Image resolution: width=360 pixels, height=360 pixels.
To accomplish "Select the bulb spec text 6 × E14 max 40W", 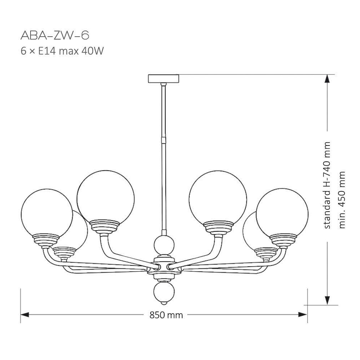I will coord(62,51).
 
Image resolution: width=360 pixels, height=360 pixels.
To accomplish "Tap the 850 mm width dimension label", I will coord(166,315).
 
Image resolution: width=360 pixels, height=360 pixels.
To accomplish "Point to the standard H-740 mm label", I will coord(327,185).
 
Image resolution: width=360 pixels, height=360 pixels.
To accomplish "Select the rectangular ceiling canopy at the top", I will coord(163,78).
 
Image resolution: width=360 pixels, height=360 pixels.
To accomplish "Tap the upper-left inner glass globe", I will coord(106,196).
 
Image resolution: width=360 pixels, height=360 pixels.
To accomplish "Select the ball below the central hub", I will coord(163,292).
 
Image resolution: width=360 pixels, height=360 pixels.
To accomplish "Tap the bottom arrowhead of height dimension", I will coord(328,300).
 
